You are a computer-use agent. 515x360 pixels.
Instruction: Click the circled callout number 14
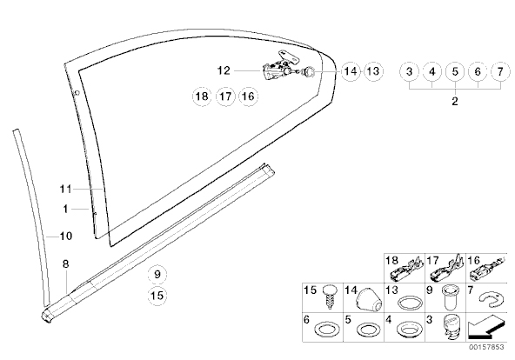(351, 71)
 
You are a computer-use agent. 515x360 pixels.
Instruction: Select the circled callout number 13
(373, 71)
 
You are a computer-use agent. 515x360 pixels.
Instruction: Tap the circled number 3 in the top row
(409, 71)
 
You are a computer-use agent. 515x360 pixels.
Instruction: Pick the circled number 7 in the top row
(500, 71)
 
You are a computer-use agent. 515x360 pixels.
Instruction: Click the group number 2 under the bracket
(455, 101)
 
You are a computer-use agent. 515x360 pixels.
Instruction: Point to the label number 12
(224, 70)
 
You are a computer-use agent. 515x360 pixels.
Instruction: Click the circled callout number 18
(202, 97)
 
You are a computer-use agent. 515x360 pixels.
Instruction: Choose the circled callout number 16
(248, 97)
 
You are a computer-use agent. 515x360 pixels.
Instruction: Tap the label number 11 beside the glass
(65, 189)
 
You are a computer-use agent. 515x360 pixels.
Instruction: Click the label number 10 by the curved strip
(65, 236)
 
